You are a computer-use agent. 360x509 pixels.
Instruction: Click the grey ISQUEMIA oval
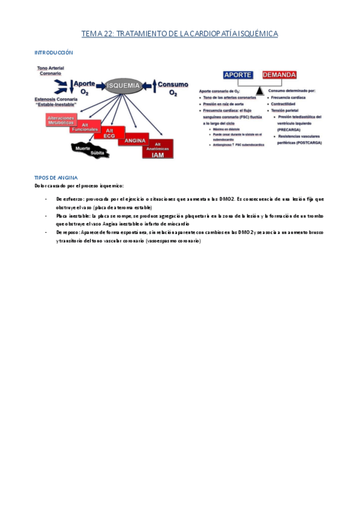(x=123, y=86)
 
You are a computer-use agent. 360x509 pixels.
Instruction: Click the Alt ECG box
(x=109, y=133)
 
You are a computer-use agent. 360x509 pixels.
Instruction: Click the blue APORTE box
(x=238, y=75)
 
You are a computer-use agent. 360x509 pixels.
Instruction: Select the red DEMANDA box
(x=280, y=75)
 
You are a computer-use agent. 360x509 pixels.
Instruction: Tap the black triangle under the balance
(x=259, y=90)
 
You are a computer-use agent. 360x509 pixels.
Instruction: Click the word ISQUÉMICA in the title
(x=256, y=34)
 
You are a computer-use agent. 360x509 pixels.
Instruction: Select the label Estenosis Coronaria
(x=57, y=100)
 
